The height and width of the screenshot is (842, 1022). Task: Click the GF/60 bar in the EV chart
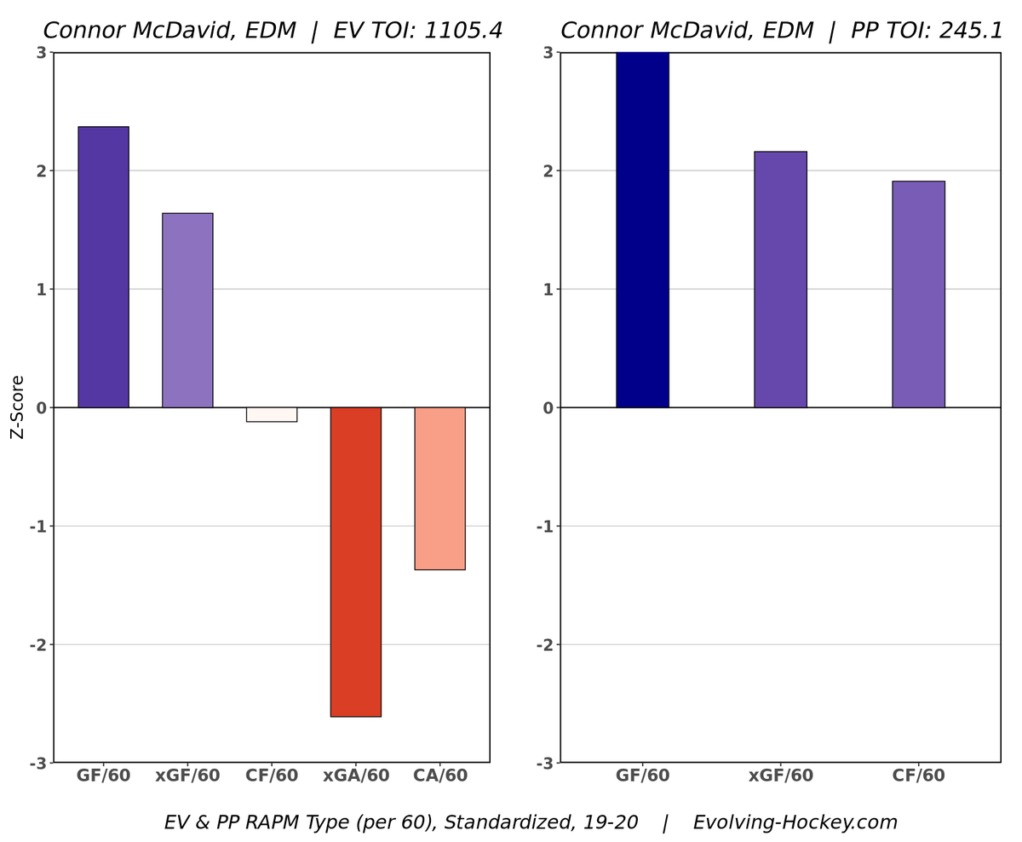click(x=103, y=267)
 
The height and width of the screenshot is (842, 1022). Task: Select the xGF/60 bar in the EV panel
click(x=187, y=310)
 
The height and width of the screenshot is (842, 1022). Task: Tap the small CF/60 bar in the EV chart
click(x=272, y=414)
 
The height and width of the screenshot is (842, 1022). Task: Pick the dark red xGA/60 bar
click(x=356, y=562)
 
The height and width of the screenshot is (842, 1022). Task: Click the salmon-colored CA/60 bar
click(x=439, y=488)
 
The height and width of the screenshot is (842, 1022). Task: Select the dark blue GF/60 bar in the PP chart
click(x=642, y=230)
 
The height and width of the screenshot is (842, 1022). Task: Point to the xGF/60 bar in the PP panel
click(x=780, y=280)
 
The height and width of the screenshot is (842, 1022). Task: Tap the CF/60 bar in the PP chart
click(x=918, y=294)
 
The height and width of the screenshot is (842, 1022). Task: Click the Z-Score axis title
click(x=17, y=407)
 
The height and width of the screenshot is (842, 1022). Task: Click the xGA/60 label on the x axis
click(x=356, y=776)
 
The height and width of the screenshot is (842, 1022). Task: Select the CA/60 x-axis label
click(x=440, y=776)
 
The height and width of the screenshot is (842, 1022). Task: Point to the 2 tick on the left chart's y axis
click(x=40, y=170)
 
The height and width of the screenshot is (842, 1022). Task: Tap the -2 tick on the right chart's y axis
click(x=545, y=644)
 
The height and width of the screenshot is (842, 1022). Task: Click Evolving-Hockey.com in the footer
click(x=795, y=822)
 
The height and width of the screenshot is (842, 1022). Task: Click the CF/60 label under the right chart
click(x=918, y=776)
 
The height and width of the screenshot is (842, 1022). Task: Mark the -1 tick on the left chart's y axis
click(x=37, y=526)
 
